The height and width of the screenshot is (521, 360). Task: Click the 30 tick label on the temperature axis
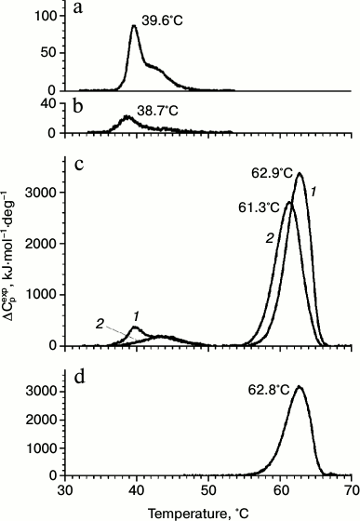[x=66, y=488]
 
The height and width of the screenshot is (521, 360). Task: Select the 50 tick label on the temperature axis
[x=208, y=488]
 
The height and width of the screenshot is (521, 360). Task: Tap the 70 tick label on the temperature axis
[x=351, y=488]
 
